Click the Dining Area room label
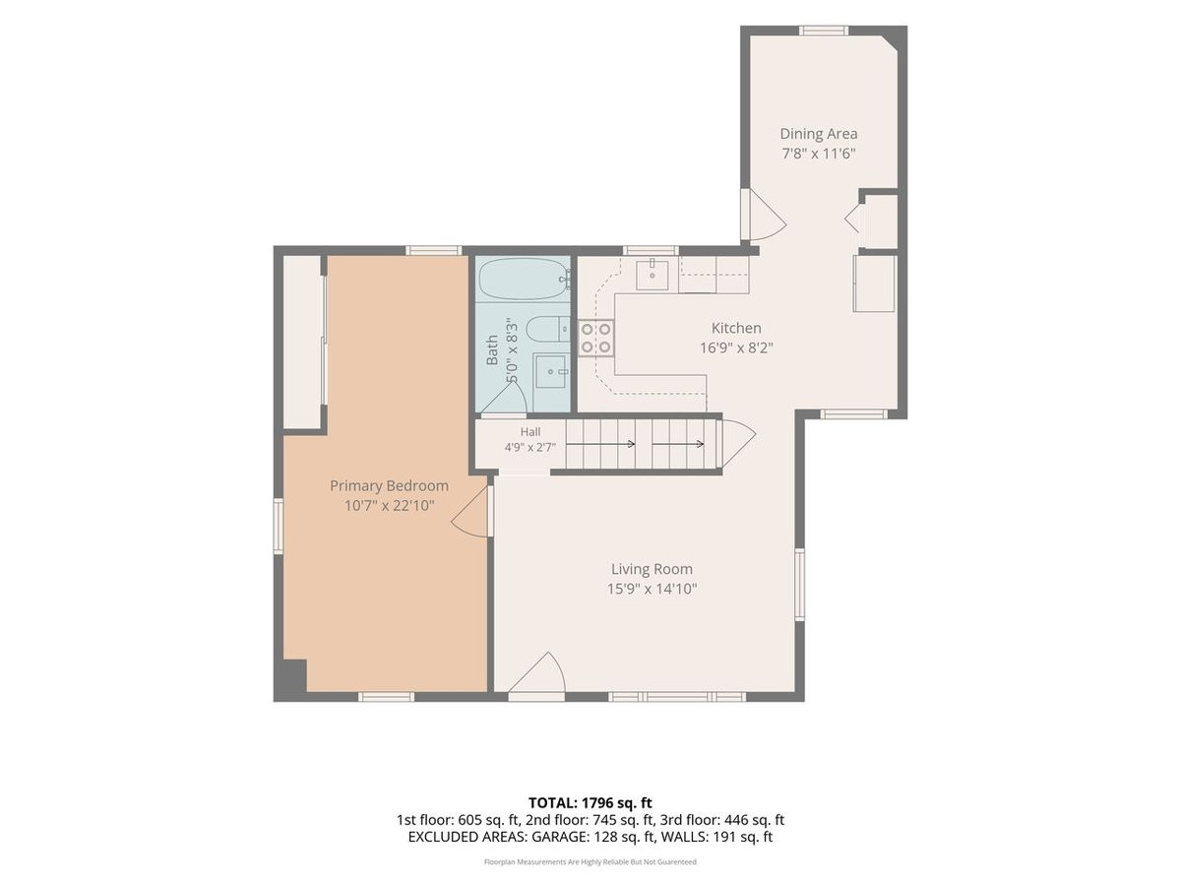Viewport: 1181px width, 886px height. tap(819, 134)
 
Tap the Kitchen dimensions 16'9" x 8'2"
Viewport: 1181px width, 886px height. tap(736, 348)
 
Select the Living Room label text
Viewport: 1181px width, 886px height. tap(652, 569)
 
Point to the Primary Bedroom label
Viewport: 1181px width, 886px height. tap(389, 485)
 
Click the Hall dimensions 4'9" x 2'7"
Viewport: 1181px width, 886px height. tap(529, 447)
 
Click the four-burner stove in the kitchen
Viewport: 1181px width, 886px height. tap(596, 338)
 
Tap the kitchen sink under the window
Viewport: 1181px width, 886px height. tap(653, 275)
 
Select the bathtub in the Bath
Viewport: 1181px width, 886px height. tap(523, 280)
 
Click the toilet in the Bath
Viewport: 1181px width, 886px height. tap(547, 329)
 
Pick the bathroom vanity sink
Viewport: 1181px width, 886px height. tap(550, 371)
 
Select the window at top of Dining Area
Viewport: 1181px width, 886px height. tap(823, 31)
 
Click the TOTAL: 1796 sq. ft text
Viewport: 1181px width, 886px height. tap(590, 802)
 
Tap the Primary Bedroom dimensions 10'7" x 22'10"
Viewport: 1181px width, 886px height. tap(389, 506)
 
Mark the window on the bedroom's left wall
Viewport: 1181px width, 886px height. tap(279, 526)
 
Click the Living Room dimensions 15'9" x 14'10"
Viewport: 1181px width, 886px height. tap(653, 589)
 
